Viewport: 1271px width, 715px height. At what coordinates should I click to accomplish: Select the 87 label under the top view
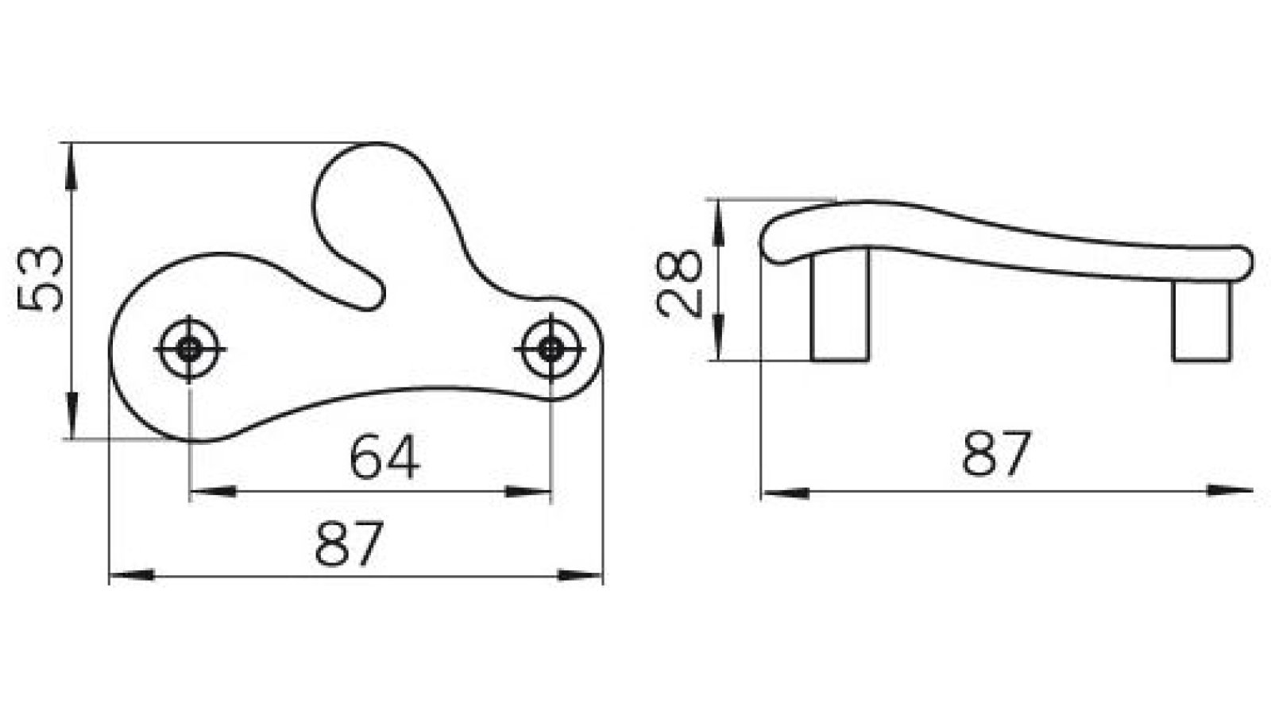(350, 543)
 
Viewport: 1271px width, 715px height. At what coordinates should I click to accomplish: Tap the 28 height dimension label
(682, 284)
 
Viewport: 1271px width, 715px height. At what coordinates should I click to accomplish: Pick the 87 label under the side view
(996, 454)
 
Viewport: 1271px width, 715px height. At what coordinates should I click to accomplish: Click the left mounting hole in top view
(189, 349)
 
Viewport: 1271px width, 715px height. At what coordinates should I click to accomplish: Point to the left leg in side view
(840, 306)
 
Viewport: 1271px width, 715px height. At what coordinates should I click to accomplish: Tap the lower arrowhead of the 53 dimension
(72, 416)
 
